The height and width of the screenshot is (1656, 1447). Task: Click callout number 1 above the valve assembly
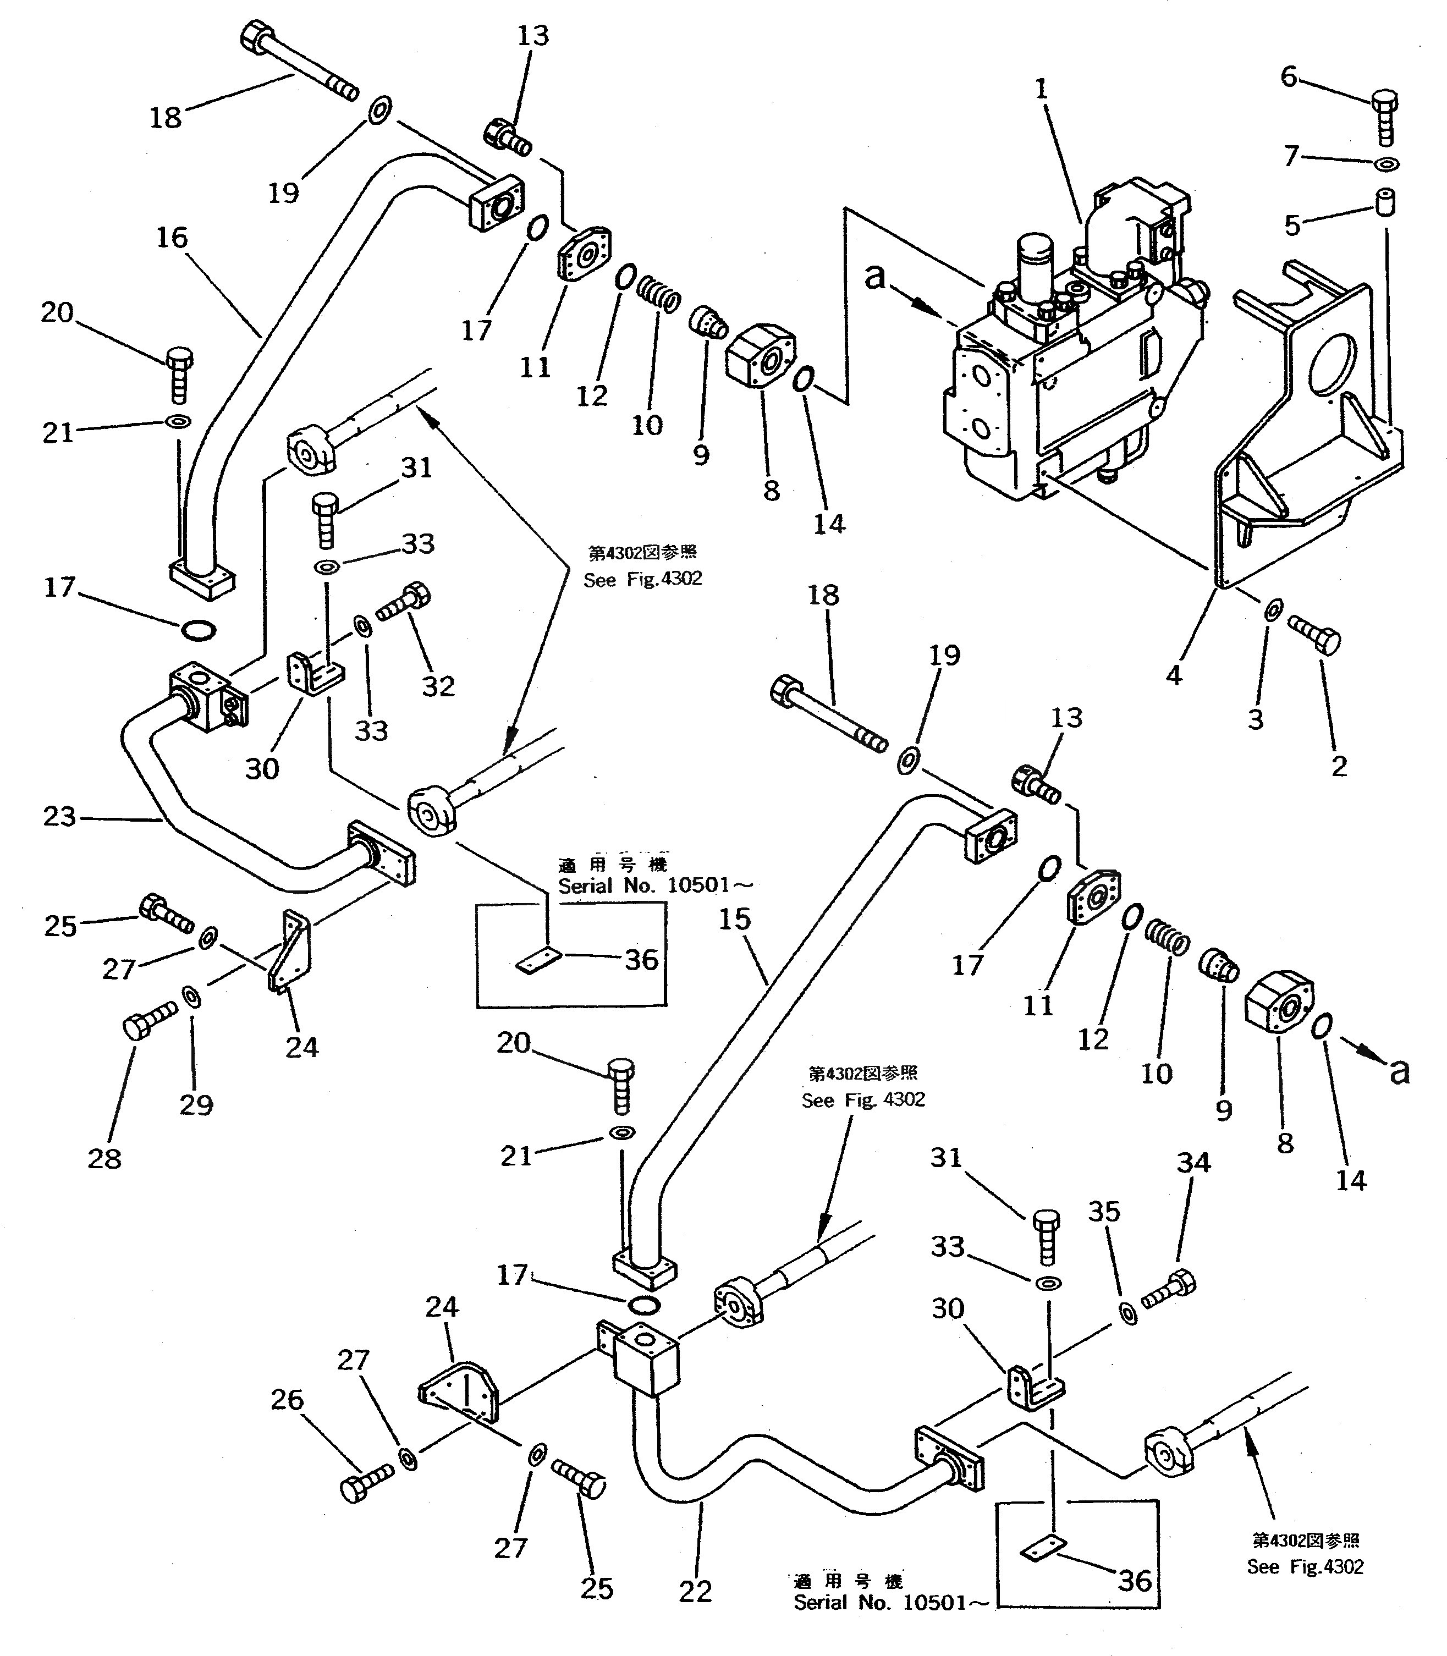click(1042, 89)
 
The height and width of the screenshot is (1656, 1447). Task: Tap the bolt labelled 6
click(1385, 118)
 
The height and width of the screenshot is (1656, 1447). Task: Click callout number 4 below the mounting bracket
click(1174, 675)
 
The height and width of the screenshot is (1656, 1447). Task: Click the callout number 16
click(172, 238)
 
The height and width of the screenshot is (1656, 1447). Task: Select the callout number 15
click(735, 919)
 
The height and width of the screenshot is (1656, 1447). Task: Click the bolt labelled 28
click(150, 1020)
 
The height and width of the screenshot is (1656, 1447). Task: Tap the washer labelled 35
click(1128, 1313)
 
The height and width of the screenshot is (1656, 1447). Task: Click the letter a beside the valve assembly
click(876, 276)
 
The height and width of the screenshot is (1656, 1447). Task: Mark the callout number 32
click(438, 686)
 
